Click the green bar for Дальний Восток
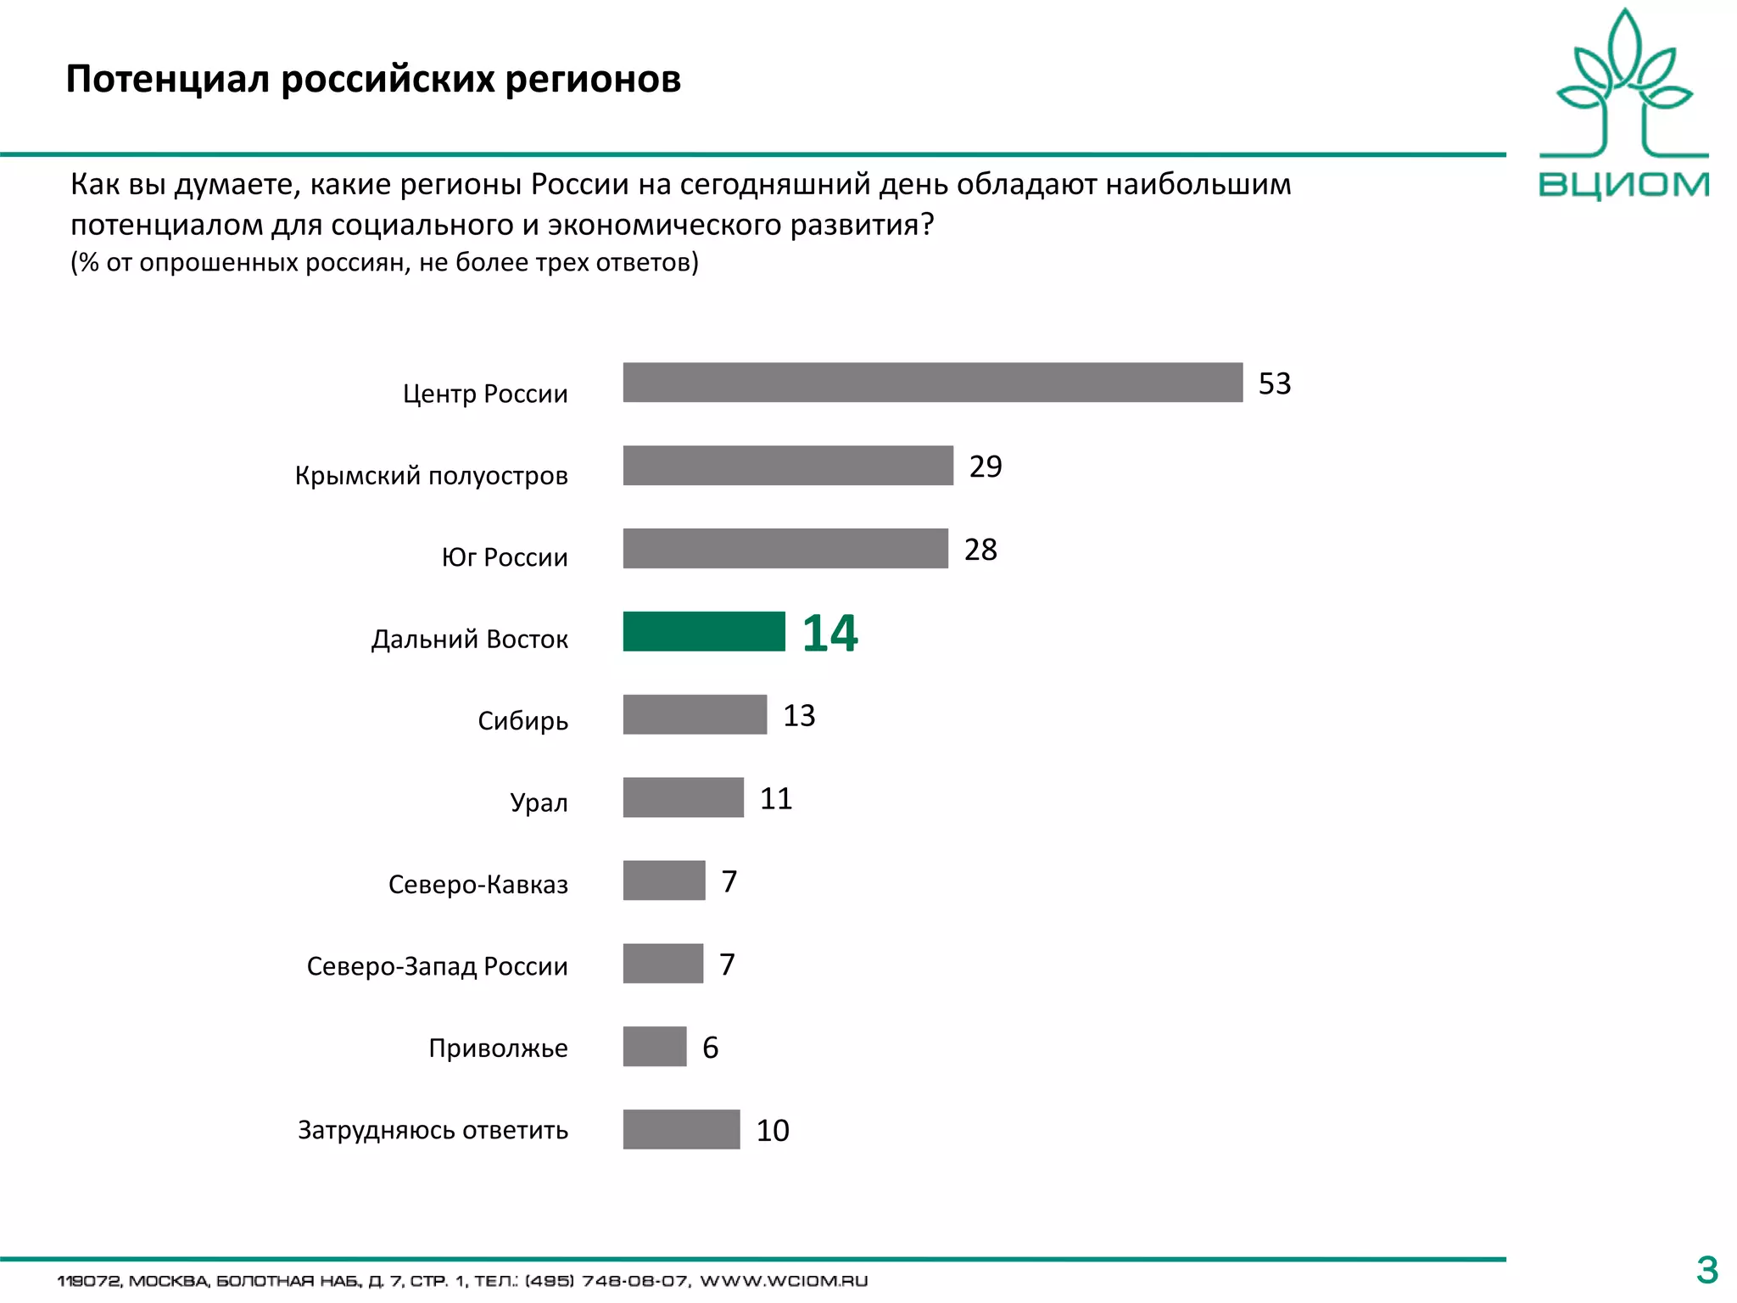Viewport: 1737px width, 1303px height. (x=704, y=631)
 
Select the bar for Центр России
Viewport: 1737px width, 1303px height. (x=932, y=383)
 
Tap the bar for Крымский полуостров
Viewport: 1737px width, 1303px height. (x=788, y=466)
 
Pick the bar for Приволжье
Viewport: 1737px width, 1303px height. (x=654, y=1047)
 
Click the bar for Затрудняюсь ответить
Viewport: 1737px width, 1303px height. (x=681, y=1130)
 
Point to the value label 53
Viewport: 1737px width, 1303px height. (x=1274, y=383)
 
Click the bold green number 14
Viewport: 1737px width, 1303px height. (x=829, y=634)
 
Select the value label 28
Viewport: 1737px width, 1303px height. (x=980, y=550)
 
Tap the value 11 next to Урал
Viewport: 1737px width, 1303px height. (x=775, y=799)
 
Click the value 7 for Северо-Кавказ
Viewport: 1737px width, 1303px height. (x=729, y=881)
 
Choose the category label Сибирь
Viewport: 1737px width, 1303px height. (x=522, y=721)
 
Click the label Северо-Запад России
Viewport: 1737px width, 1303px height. (x=437, y=966)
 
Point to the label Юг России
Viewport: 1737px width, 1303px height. (x=505, y=557)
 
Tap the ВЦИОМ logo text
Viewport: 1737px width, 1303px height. (x=1623, y=185)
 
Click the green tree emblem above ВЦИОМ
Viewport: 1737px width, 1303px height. (x=1624, y=85)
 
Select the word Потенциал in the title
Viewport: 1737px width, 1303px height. (x=169, y=79)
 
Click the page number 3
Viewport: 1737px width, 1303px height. (x=1706, y=1270)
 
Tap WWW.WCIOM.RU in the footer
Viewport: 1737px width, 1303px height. (x=783, y=1281)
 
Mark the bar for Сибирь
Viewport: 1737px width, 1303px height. (x=695, y=714)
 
